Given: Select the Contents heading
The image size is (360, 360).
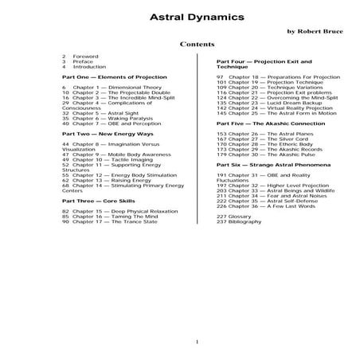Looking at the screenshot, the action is tap(196, 45).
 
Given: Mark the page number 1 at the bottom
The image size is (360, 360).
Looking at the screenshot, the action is tap(196, 342).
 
